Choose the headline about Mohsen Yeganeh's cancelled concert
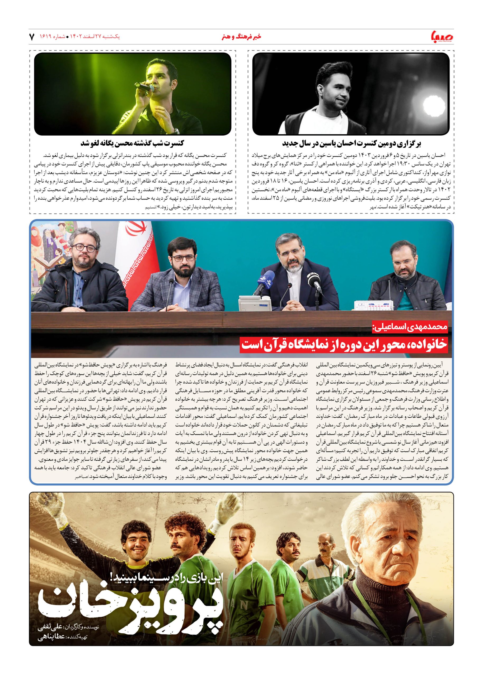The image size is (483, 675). (132, 143)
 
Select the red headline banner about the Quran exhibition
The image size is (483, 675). (344, 344)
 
